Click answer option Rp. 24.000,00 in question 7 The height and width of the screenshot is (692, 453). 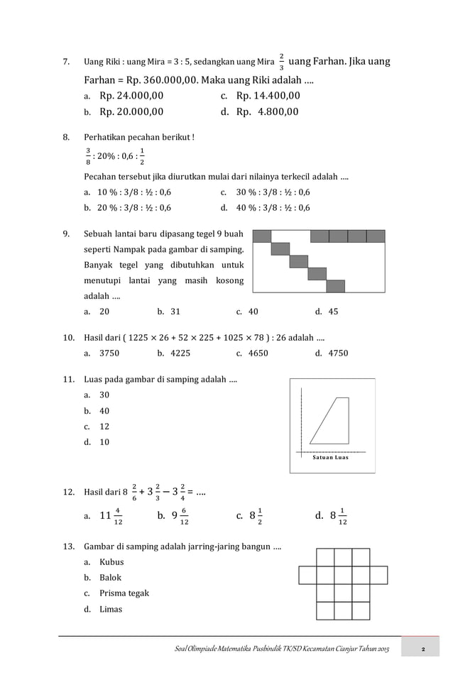(x=131, y=96)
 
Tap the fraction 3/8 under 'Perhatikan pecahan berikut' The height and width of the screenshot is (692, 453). (x=87, y=155)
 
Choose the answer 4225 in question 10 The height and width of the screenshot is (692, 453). (x=178, y=353)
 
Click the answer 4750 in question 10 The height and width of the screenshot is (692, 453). (x=338, y=353)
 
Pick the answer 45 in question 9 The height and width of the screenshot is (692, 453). (x=333, y=312)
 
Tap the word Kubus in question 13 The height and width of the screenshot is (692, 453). (x=111, y=562)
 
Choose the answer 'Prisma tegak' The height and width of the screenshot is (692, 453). (x=124, y=593)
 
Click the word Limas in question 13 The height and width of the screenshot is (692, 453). (x=111, y=609)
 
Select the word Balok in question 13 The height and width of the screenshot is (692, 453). (x=111, y=578)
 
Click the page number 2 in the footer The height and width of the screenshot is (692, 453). (x=422, y=651)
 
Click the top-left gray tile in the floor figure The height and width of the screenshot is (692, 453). (x=262, y=236)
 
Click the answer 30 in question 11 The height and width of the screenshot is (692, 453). (x=104, y=395)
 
